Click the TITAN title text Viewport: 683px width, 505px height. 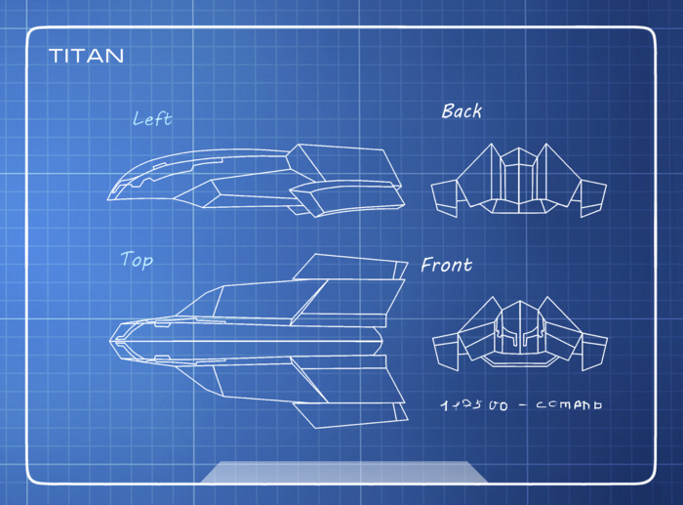point(87,56)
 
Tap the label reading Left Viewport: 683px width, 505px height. point(152,119)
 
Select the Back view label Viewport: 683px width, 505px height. point(462,111)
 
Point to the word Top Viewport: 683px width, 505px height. point(137,260)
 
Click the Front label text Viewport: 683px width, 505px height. point(446,265)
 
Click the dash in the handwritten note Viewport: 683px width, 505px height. point(524,404)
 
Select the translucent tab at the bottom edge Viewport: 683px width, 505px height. point(343,472)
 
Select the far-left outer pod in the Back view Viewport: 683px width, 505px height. point(445,197)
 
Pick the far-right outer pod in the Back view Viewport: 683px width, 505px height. point(594,197)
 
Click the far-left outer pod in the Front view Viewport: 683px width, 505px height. point(445,351)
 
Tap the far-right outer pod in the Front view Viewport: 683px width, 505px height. point(594,351)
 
